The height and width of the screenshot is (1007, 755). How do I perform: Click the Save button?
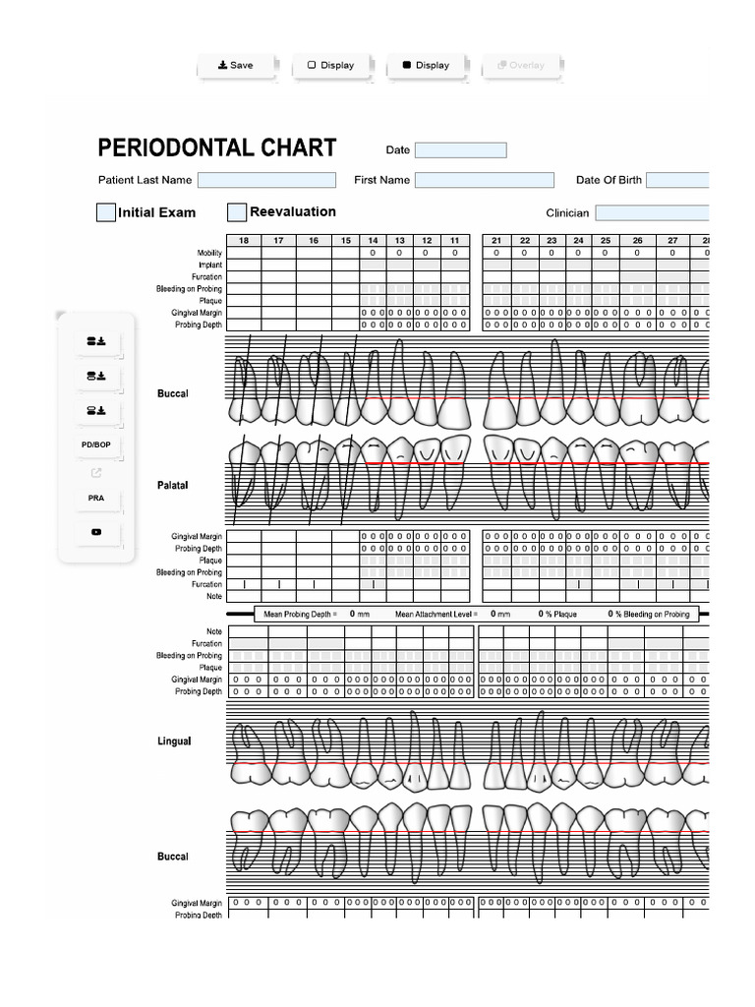click(x=236, y=66)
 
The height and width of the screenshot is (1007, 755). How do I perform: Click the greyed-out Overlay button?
click(x=521, y=66)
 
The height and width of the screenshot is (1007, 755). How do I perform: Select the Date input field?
click(x=460, y=150)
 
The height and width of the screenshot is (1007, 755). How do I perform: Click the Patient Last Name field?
click(x=266, y=180)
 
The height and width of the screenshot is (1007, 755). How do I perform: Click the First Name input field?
click(x=484, y=180)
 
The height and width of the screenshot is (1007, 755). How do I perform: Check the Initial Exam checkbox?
click(x=106, y=212)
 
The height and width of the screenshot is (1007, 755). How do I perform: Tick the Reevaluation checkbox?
click(x=237, y=212)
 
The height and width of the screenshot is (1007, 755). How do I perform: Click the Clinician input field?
click(x=652, y=212)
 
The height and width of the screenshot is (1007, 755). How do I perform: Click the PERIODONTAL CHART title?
click(x=217, y=148)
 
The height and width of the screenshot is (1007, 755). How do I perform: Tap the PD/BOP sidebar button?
click(x=96, y=445)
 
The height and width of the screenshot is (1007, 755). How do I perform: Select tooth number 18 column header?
click(x=244, y=241)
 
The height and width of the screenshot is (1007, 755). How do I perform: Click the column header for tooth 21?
click(x=496, y=241)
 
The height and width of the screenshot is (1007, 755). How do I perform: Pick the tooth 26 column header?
click(x=637, y=241)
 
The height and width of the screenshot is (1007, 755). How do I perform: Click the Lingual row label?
click(x=174, y=741)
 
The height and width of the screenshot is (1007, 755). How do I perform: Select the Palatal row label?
click(x=172, y=486)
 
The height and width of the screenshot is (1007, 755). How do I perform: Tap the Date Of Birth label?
click(x=608, y=180)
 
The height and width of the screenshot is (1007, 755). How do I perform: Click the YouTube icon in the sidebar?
click(x=96, y=532)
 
